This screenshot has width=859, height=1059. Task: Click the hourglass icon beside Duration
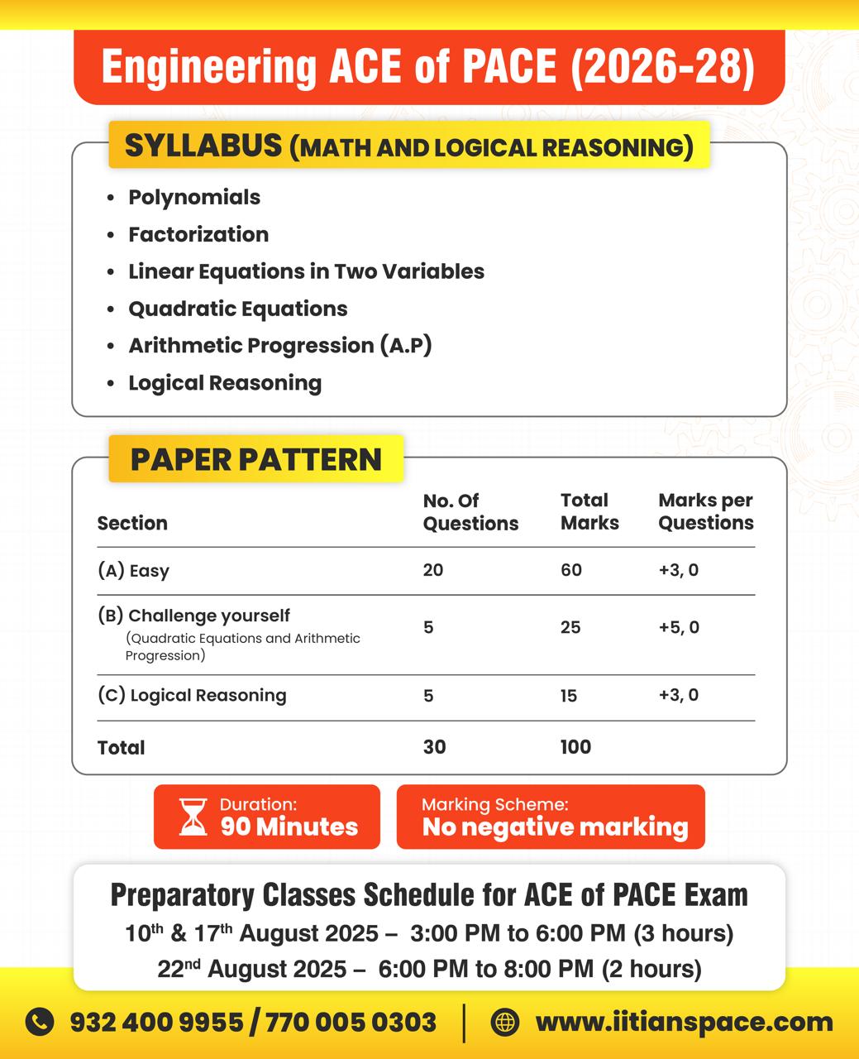coord(193,817)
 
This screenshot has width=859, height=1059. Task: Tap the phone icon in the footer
coord(40,1022)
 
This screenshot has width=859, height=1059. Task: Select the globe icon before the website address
coord(504,1022)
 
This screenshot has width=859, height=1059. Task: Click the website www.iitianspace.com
coord(684,1022)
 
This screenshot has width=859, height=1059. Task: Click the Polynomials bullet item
coord(194,197)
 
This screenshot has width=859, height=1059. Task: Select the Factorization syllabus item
coord(198,234)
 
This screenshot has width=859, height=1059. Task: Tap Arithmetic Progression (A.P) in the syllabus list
coord(279,345)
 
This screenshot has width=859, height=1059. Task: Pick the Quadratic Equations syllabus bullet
coord(237,309)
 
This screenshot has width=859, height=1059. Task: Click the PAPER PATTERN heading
coord(256,459)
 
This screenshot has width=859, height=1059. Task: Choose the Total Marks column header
coord(589,511)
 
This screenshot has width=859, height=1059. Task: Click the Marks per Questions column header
coord(705,511)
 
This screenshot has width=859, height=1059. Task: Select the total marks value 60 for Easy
coord(570,570)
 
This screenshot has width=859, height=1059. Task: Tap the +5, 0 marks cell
coord(678,627)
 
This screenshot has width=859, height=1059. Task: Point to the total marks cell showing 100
coord(575,747)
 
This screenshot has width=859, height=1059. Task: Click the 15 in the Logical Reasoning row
coord(568,696)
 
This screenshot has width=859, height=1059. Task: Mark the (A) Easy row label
coord(133,570)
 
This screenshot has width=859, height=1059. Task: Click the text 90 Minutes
coord(289,827)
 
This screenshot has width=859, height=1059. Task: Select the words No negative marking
coord(555,827)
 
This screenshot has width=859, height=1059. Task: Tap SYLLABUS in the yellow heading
coord(203,146)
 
